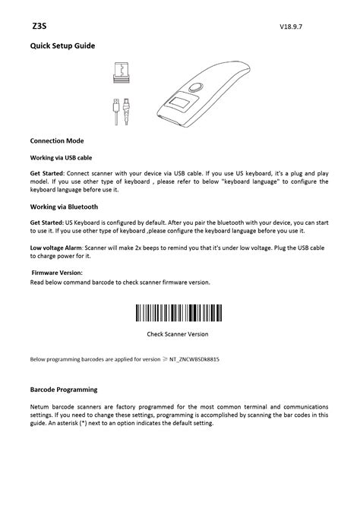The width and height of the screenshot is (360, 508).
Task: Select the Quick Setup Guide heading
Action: [62, 46]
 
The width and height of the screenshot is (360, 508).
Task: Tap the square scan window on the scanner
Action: [181, 104]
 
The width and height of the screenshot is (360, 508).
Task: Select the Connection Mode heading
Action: [56, 141]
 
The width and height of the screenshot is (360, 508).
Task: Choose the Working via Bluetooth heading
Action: [64, 206]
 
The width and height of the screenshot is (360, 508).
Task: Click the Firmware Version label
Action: [57, 273]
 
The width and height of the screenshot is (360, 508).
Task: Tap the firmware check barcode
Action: [178, 313]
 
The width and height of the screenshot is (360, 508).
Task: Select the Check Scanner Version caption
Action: [178, 333]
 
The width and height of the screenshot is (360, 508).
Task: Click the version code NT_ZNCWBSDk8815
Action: [201, 359]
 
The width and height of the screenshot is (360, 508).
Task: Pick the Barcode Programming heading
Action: [64, 390]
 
